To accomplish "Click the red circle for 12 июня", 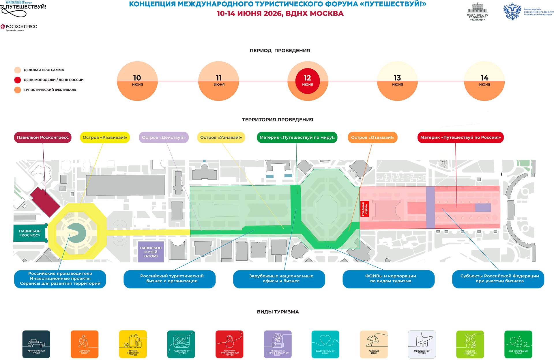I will click(307, 81).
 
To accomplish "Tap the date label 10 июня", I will click(137, 81).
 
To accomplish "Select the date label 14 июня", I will click(484, 81).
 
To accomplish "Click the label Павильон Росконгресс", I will click(43, 137).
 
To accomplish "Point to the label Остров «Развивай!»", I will click(105, 137).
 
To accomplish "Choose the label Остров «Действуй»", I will click(164, 137).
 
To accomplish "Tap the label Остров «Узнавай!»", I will click(221, 137).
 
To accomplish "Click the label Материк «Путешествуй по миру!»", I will click(297, 137).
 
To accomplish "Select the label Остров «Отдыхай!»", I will click(373, 137).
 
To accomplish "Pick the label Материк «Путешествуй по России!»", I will click(461, 137).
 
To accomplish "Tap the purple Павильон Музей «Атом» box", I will click(151, 252).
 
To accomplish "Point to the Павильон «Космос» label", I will click(30, 233).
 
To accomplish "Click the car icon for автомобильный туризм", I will click(36, 343).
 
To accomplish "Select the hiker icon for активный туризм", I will click(83, 341).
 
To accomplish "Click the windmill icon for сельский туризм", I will click(470, 341).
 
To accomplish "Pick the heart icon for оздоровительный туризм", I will click(325, 340).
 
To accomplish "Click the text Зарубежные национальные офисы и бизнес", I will click(281, 278).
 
